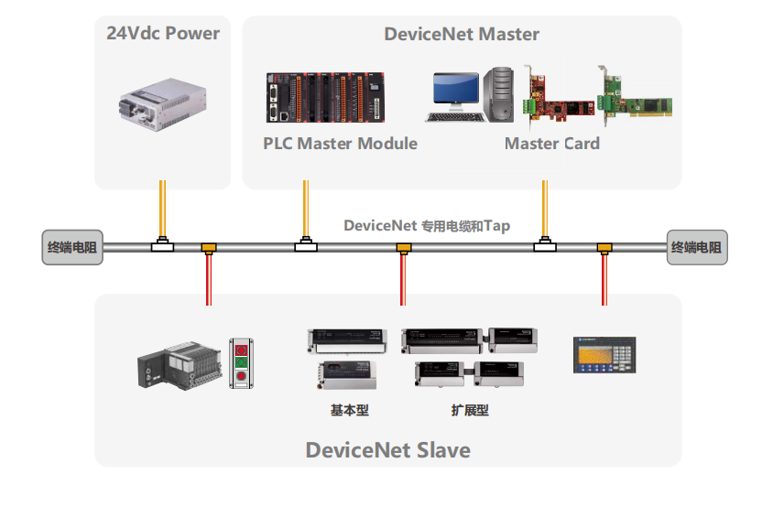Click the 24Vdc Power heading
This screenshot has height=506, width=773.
163,34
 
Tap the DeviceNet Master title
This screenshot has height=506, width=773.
461,34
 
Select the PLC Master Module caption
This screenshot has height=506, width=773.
340,144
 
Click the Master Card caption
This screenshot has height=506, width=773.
551,144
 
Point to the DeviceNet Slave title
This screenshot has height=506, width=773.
387,449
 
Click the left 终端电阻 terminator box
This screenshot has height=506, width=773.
73,247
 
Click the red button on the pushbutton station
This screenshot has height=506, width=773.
243,376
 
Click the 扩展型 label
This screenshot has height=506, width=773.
470,411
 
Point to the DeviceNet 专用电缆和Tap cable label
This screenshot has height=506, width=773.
427,225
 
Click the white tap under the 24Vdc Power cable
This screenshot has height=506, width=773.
163,245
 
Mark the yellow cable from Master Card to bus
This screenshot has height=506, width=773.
545,210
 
